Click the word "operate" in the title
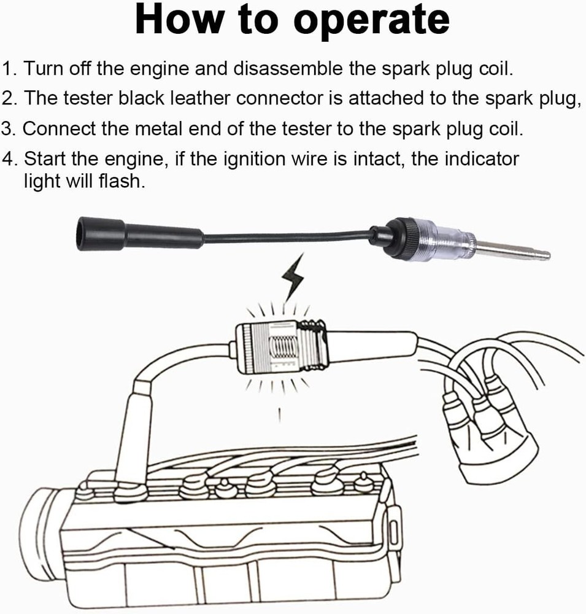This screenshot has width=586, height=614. click(x=371, y=20)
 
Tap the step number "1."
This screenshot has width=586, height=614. click(x=10, y=68)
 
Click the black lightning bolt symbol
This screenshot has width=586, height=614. click(x=292, y=279)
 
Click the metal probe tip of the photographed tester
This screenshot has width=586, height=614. click(x=515, y=251)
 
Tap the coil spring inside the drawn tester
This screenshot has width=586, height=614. click(x=283, y=349)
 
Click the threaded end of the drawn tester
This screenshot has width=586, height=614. click(x=315, y=348)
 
